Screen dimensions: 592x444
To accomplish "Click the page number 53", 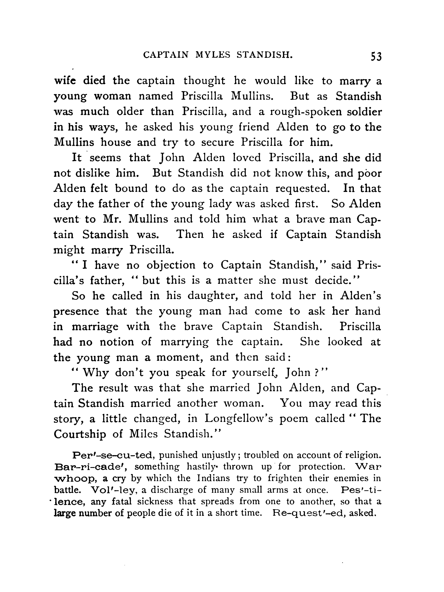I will pyautogui.click(x=376, y=57).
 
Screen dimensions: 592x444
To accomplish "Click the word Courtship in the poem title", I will pyautogui.click(x=80, y=434).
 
